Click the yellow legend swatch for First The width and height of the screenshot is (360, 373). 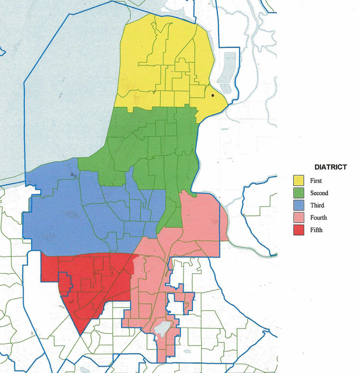(x=299, y=181)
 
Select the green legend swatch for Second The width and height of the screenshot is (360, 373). (x=299, y=193)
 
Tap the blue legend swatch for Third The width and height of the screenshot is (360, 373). (x=299, y=205)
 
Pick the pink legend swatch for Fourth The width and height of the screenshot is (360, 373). (x=299, y=218)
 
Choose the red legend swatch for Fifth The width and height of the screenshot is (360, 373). (x=299, y=230)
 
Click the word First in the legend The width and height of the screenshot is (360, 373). (x=316, y=181)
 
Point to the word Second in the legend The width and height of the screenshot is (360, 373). (x=319, y=193)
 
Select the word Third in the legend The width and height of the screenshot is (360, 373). (x=317, y=205)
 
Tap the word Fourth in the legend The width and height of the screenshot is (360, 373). (x=318, y=218)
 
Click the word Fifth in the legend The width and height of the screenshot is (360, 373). (x=316, y=230)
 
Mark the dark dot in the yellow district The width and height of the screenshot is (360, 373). (x=212, y=95)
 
